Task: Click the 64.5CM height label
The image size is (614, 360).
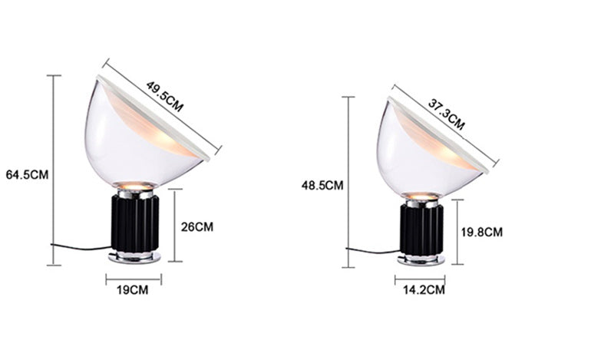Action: coord(27,174)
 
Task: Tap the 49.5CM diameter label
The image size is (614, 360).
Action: coord(165,97)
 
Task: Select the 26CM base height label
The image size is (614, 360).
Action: coord(197,227)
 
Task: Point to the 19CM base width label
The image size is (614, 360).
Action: coord(134,290)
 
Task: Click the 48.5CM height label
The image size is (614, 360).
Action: coord(322,186)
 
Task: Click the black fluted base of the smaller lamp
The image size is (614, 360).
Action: coord(420,230)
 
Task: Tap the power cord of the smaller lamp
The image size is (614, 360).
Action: coord(372,251)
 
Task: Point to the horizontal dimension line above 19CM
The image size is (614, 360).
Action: coord(134,279)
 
